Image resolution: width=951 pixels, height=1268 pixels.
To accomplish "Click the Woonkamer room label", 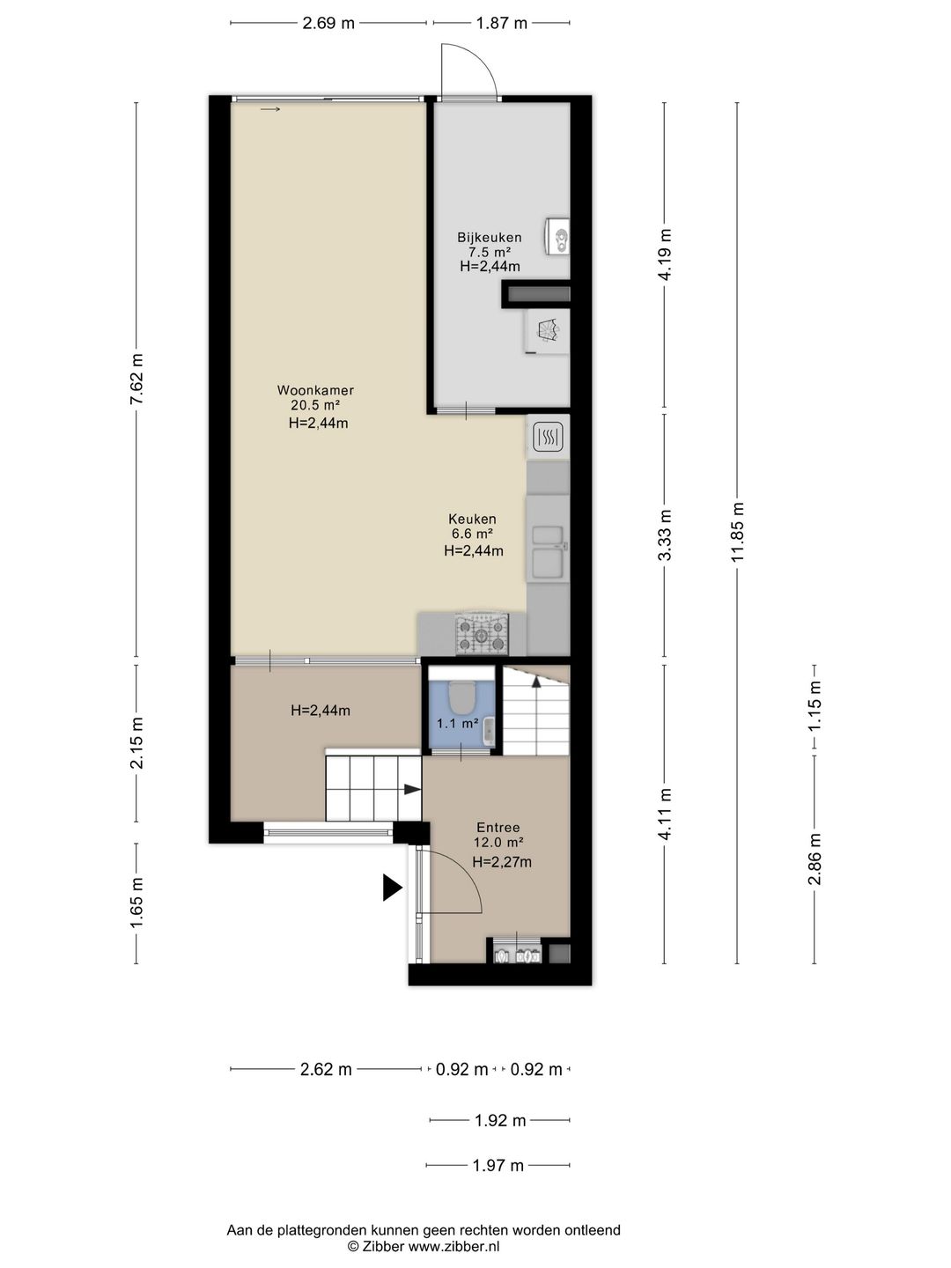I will point(315,390).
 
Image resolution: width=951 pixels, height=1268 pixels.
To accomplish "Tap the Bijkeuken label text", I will point(489,237).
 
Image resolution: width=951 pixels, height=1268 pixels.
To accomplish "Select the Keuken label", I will point(472,519).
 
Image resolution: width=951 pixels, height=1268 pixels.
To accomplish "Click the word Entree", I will point(498,827).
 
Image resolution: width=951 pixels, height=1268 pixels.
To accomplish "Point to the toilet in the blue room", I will point(461,697).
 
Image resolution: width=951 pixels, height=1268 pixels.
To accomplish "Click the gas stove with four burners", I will point(482,634).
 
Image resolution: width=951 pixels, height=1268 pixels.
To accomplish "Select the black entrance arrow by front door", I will point(392,888).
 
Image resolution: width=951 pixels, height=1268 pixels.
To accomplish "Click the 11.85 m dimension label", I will point(738,532).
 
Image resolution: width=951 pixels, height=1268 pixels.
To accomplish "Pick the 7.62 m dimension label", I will point(136,379).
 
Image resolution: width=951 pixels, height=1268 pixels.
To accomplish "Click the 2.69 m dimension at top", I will point(328,24).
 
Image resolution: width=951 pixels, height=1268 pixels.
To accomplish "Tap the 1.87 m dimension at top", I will point(502,24).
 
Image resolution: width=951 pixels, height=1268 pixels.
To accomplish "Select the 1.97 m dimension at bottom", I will point(498,1165).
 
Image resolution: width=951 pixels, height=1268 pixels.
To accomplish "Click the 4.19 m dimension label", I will point(666,254).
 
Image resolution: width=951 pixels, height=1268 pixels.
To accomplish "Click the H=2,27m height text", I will point(502,862).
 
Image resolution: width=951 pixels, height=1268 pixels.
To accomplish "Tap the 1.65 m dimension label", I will point(136,903).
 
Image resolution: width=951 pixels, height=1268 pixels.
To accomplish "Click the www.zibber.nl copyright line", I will point(424,1246).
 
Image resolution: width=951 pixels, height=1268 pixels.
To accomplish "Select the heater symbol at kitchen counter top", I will point(549,437).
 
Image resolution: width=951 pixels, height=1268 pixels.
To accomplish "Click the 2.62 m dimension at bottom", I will point(326,1069).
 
